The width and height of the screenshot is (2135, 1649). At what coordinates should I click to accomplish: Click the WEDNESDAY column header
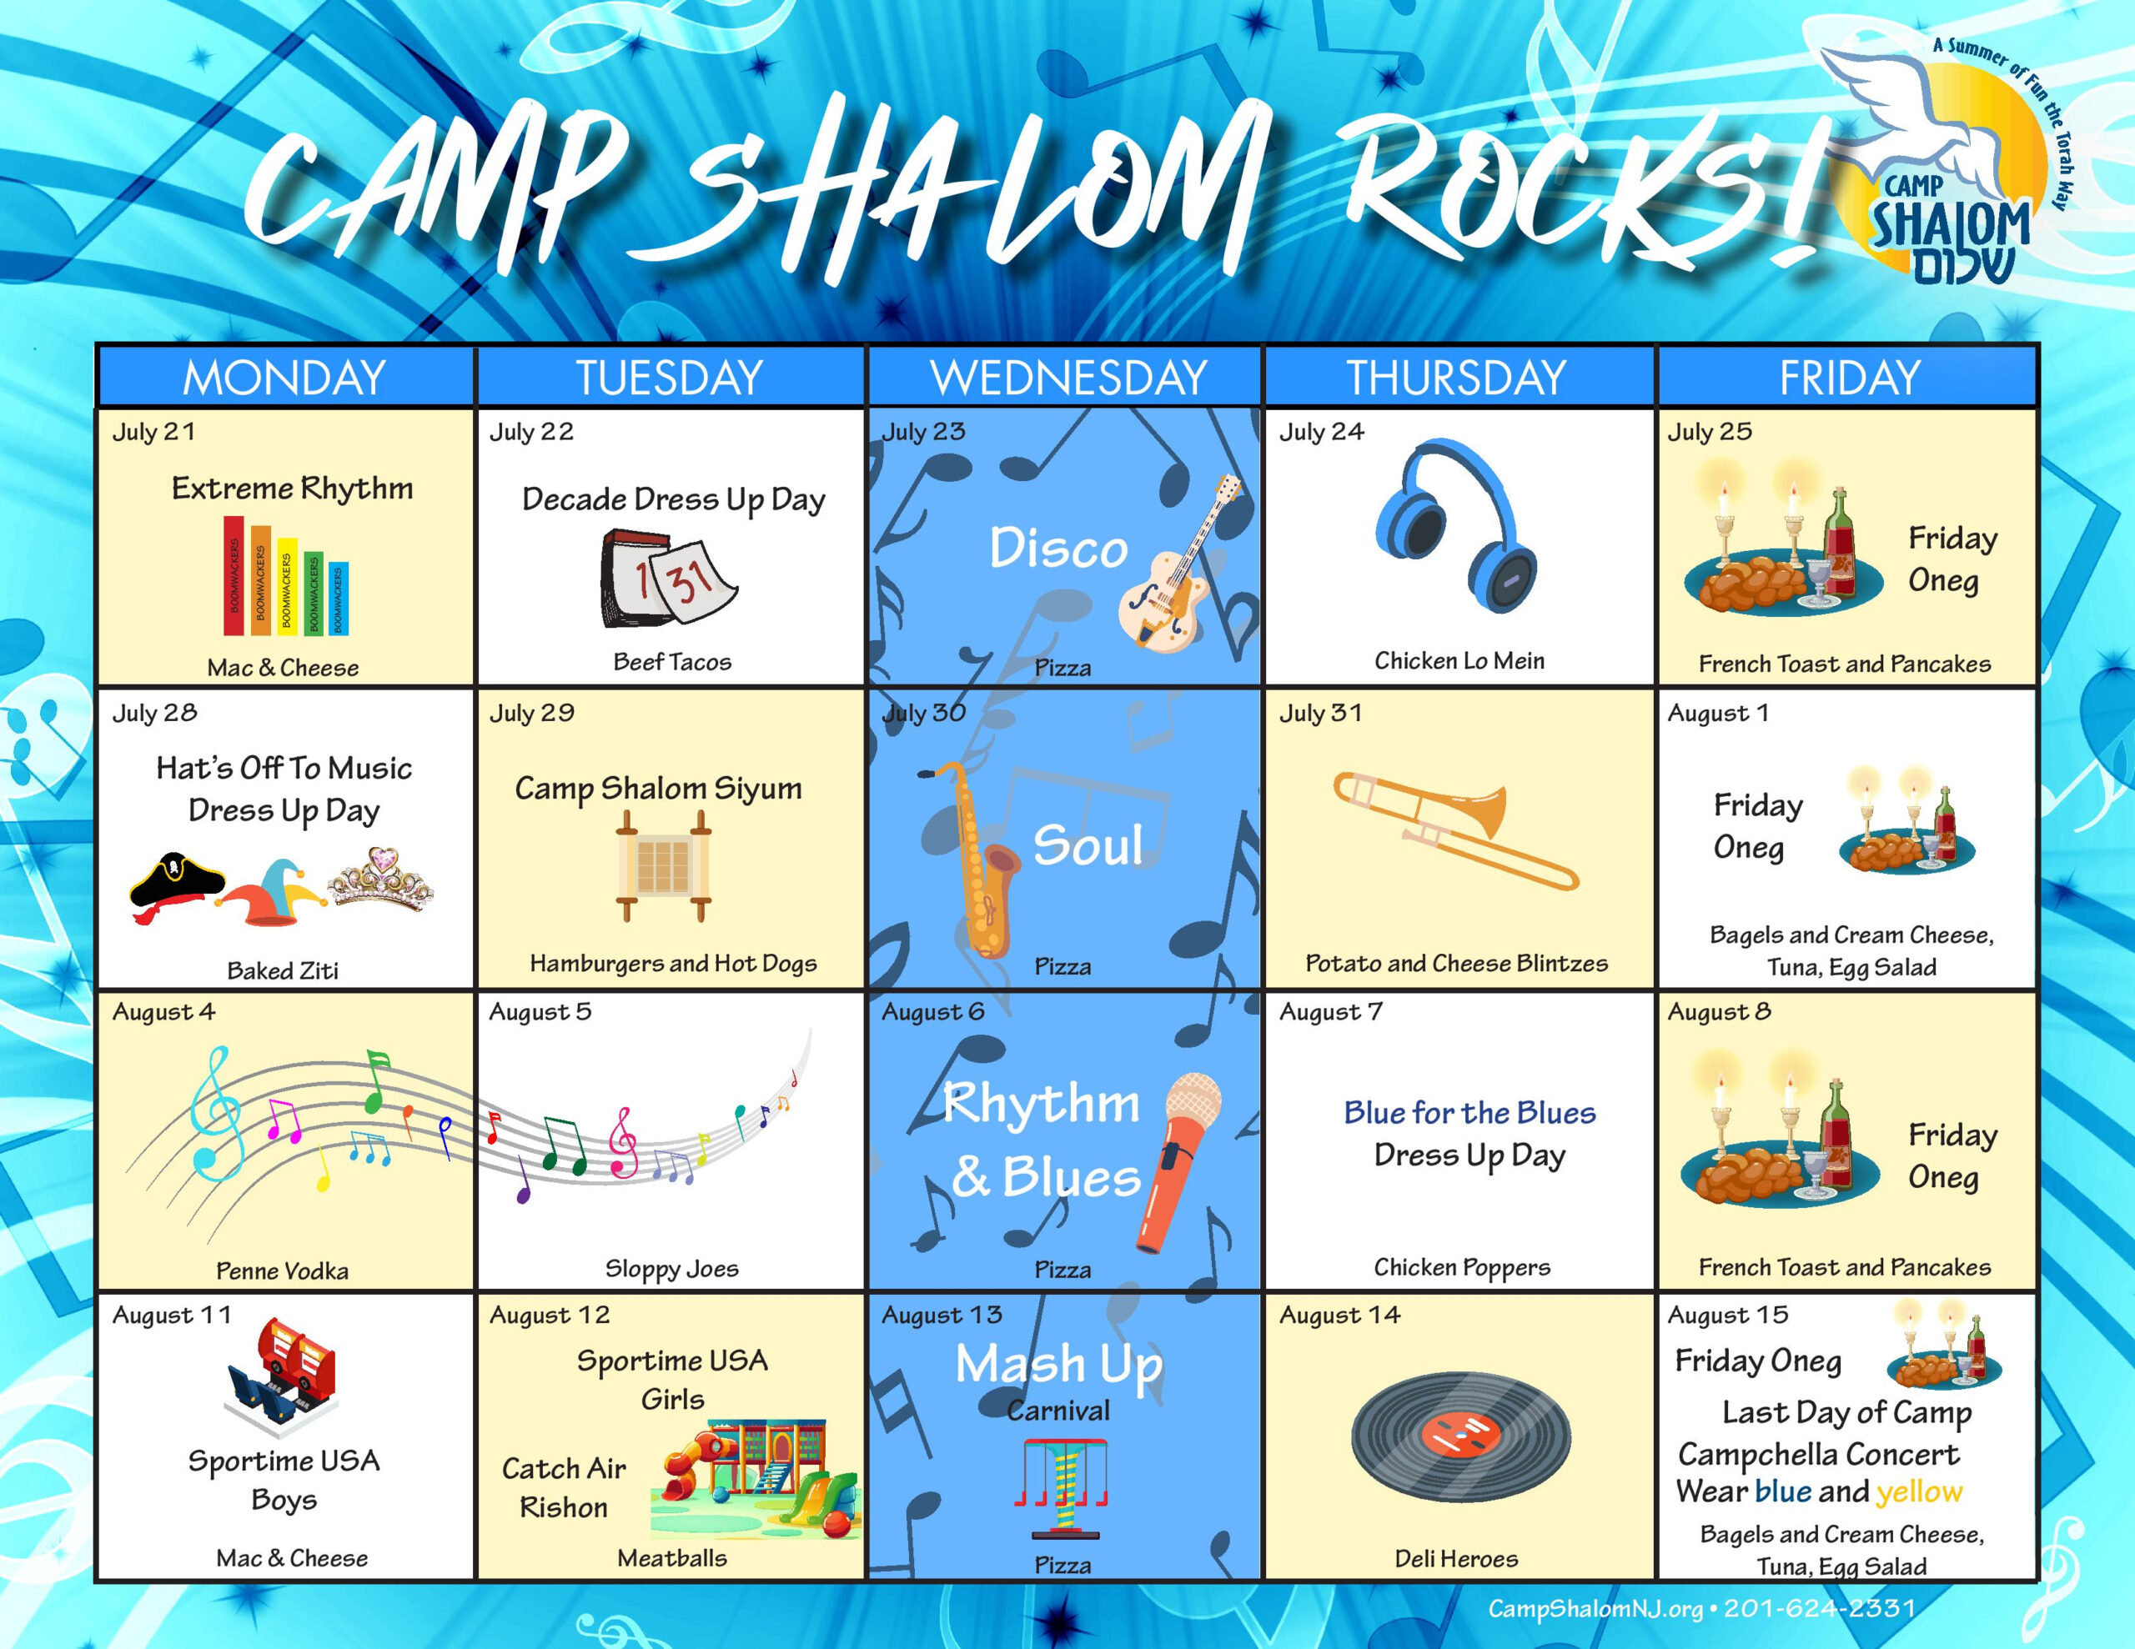tap(1067, 378)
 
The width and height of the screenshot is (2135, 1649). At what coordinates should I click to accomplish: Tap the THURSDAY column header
tap(1457, 378)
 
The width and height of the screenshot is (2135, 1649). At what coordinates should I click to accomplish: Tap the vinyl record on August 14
tap(1460, 1438)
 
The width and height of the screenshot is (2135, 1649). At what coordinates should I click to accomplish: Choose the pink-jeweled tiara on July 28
tap(380, 878)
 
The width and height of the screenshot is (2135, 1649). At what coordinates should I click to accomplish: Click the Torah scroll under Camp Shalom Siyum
tap(663, 866)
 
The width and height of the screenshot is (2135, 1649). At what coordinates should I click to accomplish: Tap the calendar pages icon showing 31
tap(668, 579)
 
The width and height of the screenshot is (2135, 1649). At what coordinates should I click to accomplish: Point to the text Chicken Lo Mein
tap(1459, 661)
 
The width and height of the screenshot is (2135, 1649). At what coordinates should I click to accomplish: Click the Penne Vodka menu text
tap(283, 1271)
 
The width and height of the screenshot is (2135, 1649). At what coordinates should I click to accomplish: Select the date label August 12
tap(550, 1315)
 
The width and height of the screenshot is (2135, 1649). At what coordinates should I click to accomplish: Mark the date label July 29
tap(532, 713)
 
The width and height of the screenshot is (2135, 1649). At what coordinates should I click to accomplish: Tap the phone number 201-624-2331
tap(1819, 1608)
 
